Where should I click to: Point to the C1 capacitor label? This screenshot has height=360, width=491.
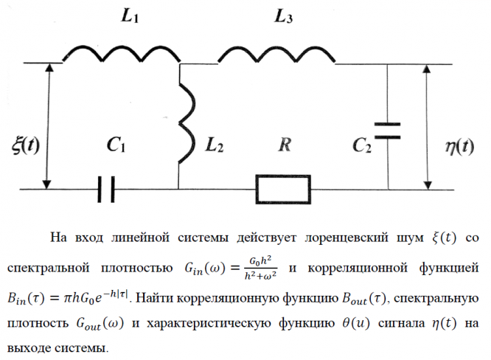tap(116, 145)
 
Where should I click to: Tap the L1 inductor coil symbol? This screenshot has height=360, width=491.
tap(122, 53)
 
